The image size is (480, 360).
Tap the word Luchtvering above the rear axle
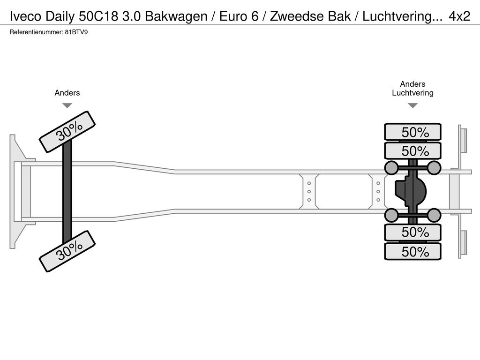412,93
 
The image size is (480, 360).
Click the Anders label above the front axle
67,93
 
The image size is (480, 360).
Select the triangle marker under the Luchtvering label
412,105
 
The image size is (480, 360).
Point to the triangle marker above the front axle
67,105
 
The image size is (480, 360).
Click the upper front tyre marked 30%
67,132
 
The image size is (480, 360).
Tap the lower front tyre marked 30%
67,251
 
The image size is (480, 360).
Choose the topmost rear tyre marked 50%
412,132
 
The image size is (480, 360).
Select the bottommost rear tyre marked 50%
412,251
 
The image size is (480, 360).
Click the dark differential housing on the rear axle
411,191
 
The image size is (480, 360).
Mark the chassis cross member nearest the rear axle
378,191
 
